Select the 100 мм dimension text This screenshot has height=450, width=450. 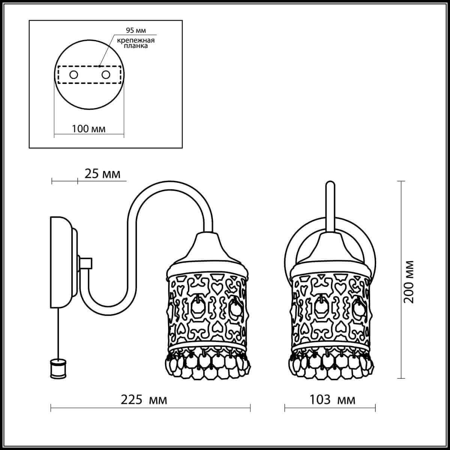click(88, 129)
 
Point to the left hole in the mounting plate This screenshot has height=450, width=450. click(73, 75)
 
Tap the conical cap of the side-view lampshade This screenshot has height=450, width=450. click(207, 247)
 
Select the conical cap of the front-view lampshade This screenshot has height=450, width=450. click(330, 247)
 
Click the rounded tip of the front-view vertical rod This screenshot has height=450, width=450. click(330, 184)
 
